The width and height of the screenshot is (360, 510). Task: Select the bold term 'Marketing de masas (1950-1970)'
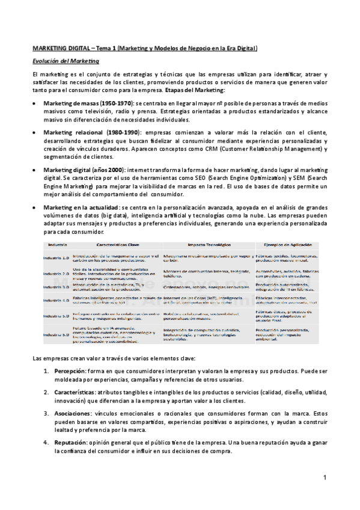tap(87, 103)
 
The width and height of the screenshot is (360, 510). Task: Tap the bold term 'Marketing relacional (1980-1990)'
tap(91, 131)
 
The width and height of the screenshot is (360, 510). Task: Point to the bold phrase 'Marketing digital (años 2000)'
tap(84, 170)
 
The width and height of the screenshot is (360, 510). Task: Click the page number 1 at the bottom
tap(323, 478)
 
